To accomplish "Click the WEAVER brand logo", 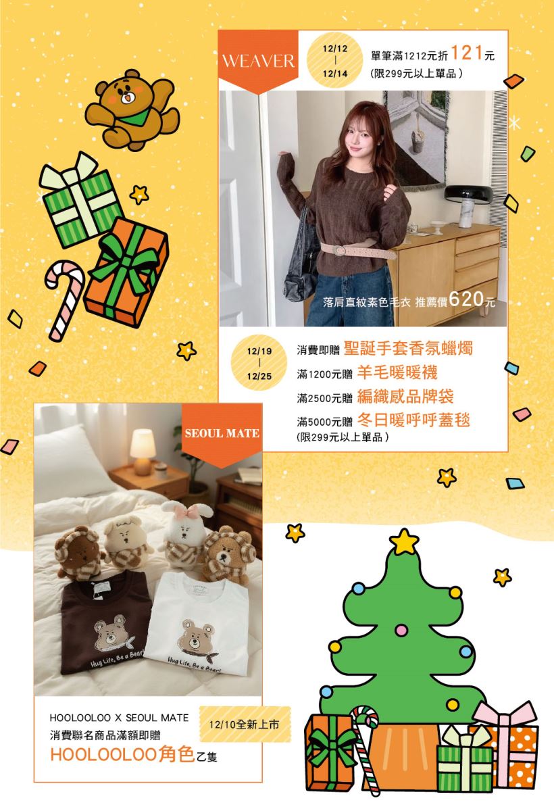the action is coord(258,61).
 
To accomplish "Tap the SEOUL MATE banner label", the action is coord(222,433).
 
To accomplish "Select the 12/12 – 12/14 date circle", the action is coord(334,60).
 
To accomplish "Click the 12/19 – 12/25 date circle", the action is coord(259,363).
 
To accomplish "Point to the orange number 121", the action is coord(467,53).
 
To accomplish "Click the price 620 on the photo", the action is coord(466,299).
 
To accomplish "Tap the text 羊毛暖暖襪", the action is coord(397,372).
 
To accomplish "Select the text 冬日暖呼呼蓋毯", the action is coord(413,420).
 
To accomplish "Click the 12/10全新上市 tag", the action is coord(245,724).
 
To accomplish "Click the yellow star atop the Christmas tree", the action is coord(404,542).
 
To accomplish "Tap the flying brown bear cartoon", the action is coord(132,109).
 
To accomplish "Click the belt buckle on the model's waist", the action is coord(339,250).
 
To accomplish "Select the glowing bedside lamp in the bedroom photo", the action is coord(143,451).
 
